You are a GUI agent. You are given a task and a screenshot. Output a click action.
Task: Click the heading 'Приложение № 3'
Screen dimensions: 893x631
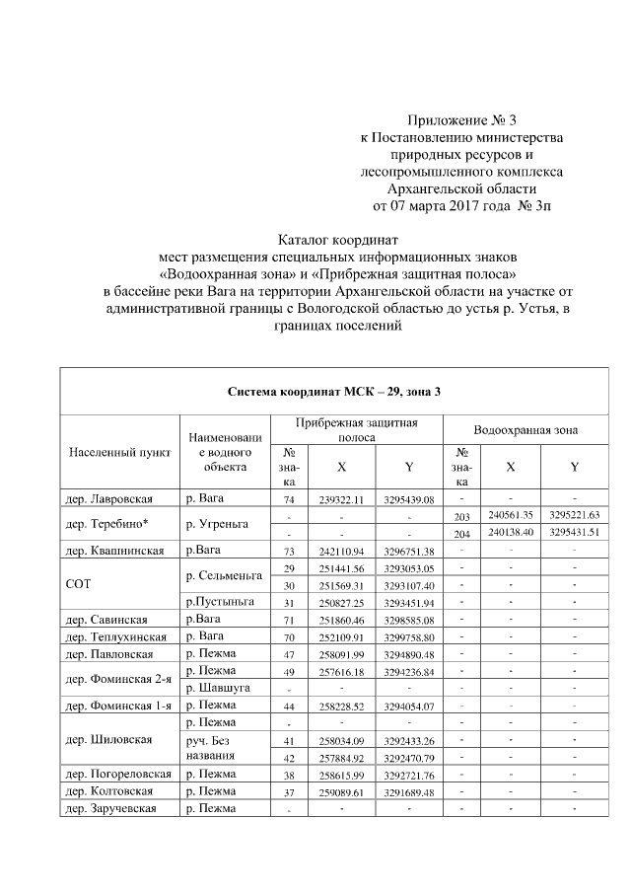click(x=461, y=119)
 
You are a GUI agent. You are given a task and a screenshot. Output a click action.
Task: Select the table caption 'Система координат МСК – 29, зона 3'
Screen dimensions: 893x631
click(x=334, y=392)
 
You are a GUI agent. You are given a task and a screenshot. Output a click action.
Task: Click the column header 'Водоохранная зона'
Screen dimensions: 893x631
click(x=526, y=430)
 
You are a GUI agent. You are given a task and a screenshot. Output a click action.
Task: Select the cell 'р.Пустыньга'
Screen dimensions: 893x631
click(x=217, y=602)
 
